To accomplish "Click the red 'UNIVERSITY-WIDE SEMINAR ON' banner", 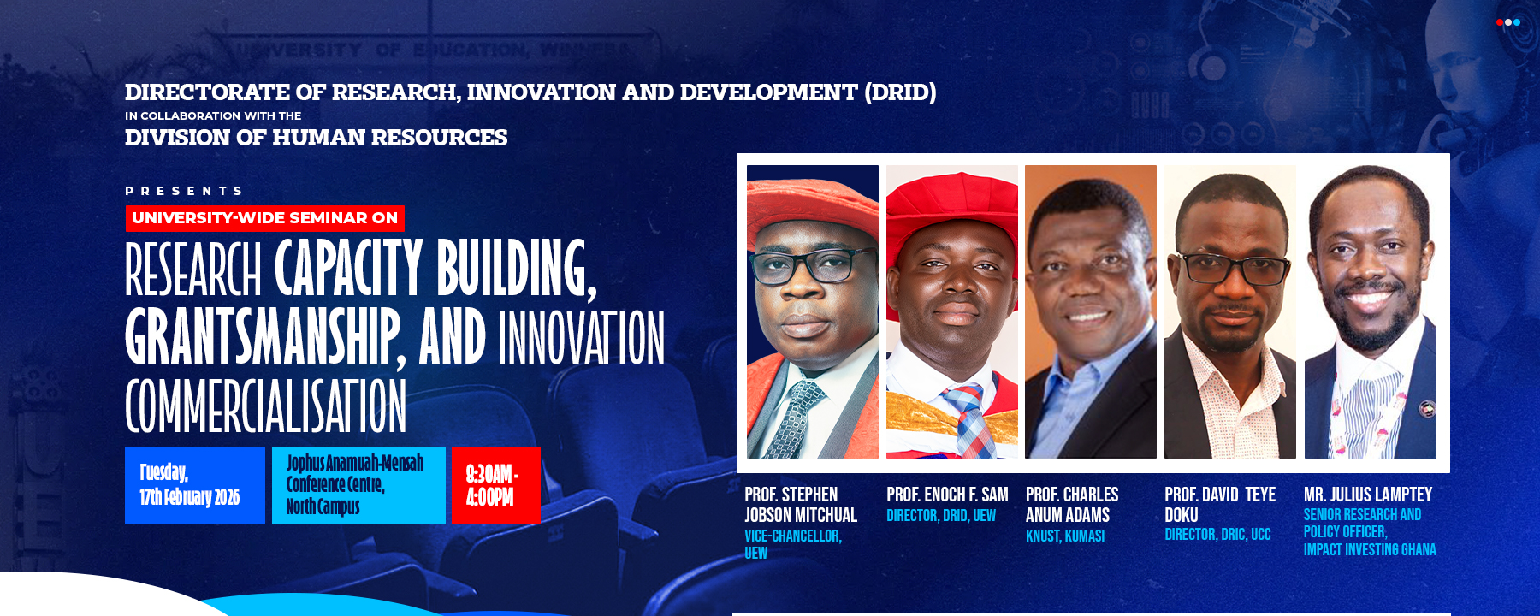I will point(265,218).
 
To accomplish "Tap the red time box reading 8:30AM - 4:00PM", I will point(495,485).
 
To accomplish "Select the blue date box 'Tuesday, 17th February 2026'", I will point(194,485).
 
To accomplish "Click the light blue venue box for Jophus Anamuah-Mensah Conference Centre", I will point(358,485).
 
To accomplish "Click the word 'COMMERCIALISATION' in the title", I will point(265,406).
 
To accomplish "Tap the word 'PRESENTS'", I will point(184,191).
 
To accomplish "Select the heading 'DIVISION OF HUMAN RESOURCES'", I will point(316,138).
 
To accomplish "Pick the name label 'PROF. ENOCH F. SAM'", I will point(947,495).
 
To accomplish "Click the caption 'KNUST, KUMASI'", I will point(1065,536).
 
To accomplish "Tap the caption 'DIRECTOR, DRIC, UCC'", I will point(1217,535).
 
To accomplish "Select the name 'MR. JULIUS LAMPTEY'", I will point(1367,495).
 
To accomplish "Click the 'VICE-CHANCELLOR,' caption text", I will point(792,536).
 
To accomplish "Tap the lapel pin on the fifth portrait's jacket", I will point(1426,410).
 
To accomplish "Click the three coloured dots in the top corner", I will point(1507,22).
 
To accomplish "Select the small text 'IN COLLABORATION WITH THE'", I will point(213,115).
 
